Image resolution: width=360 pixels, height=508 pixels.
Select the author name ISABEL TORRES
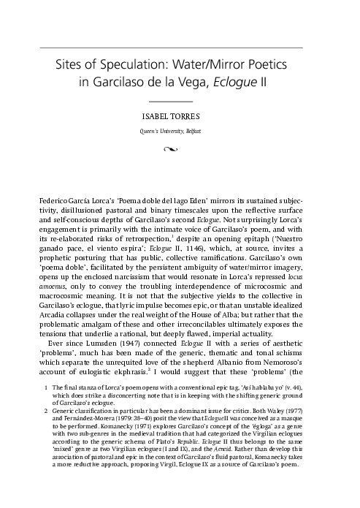[x=180, y=115]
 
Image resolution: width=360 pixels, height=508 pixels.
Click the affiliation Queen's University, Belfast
[x=180, y=129]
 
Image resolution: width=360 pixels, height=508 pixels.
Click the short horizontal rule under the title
[x=180, y=99]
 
